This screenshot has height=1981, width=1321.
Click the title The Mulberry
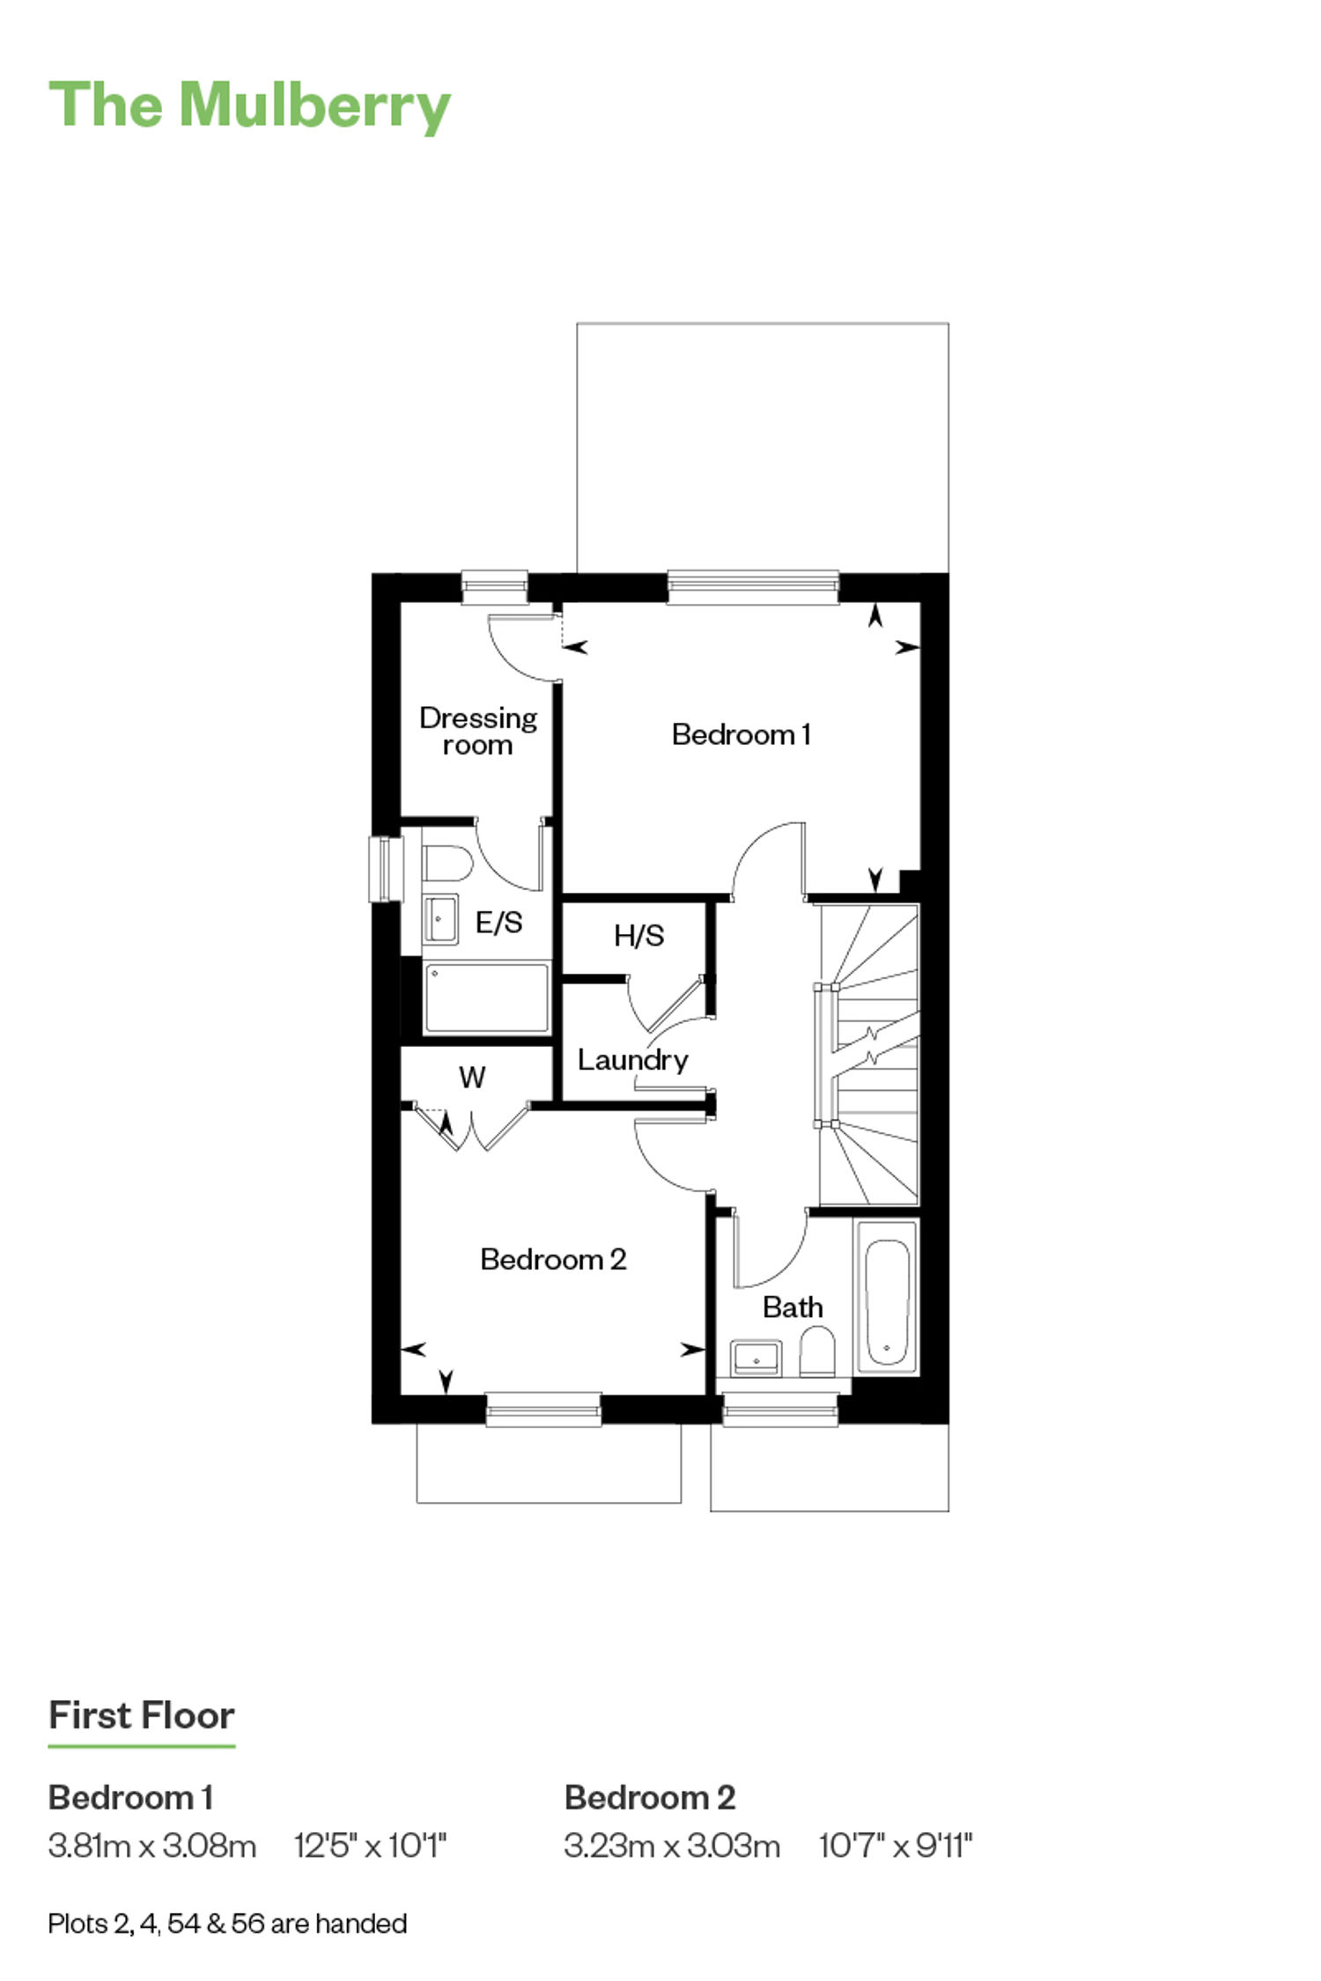coord(249,106)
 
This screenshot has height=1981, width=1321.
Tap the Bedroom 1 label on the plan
coord(741,734)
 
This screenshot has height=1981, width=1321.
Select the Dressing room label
coord(478,731)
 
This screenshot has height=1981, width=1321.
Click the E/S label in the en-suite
coord(498,922)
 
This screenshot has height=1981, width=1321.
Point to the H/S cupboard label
coord(638,935)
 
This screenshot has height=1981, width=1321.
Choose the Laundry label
coord(632,1060)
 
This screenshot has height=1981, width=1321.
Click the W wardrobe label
coord(472,1077)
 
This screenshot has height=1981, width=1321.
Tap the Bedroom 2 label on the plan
coord(553,1259)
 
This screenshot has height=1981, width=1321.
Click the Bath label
coord(793,1307)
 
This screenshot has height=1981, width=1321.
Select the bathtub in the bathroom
coord(887,1296)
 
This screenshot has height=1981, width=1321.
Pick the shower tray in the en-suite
coord(486,998)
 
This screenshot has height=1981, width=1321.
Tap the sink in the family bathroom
coord(756,1358)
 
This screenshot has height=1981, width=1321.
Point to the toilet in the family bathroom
coord(817,1352)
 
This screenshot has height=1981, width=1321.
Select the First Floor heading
coord(142,1715)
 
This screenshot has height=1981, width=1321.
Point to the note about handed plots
coord(227,1924)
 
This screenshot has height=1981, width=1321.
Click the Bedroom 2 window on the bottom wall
coord(543,1409)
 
